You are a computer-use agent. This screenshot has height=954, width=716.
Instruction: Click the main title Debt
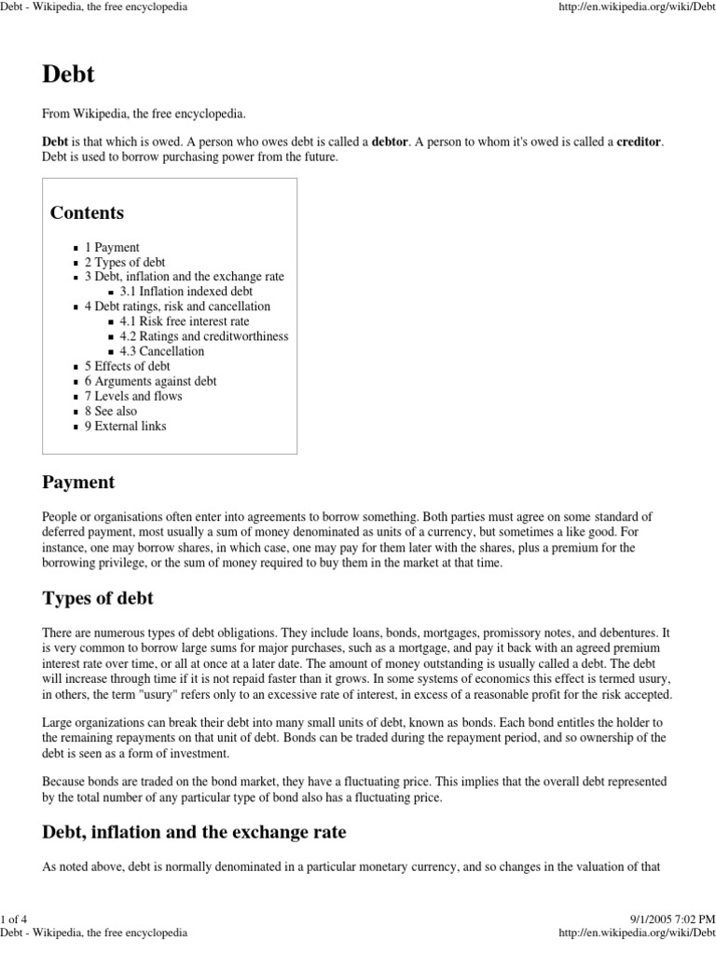pyautogui.click(x=69, y=75)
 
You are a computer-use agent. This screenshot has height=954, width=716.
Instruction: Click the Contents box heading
pyautogui.click(x=87, y=212)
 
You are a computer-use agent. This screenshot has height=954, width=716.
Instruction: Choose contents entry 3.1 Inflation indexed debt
pyautogui.click(x=186, y=292)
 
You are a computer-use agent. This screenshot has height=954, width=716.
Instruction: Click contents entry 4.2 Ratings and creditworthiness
pyautogui.click(x=203, y=336)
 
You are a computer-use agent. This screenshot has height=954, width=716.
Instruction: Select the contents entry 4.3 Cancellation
pyautogui.click(x=161, y=351)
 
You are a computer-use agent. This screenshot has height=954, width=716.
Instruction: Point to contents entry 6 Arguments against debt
pyautogui.click(x=150, y=381)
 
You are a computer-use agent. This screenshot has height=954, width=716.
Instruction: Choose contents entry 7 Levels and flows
pyautogui.click(x=133, y=396)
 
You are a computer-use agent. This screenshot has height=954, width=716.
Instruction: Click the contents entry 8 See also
pyautogui.click(x=110, y=411)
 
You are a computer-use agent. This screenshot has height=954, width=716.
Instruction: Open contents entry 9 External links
pyautogui.click(x=125, y=426)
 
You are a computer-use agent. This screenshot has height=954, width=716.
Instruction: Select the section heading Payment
pyautogui.click(x=78, y=483)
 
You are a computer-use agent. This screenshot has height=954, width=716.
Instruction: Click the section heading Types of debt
pyautogui.click(x=98, y=598)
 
